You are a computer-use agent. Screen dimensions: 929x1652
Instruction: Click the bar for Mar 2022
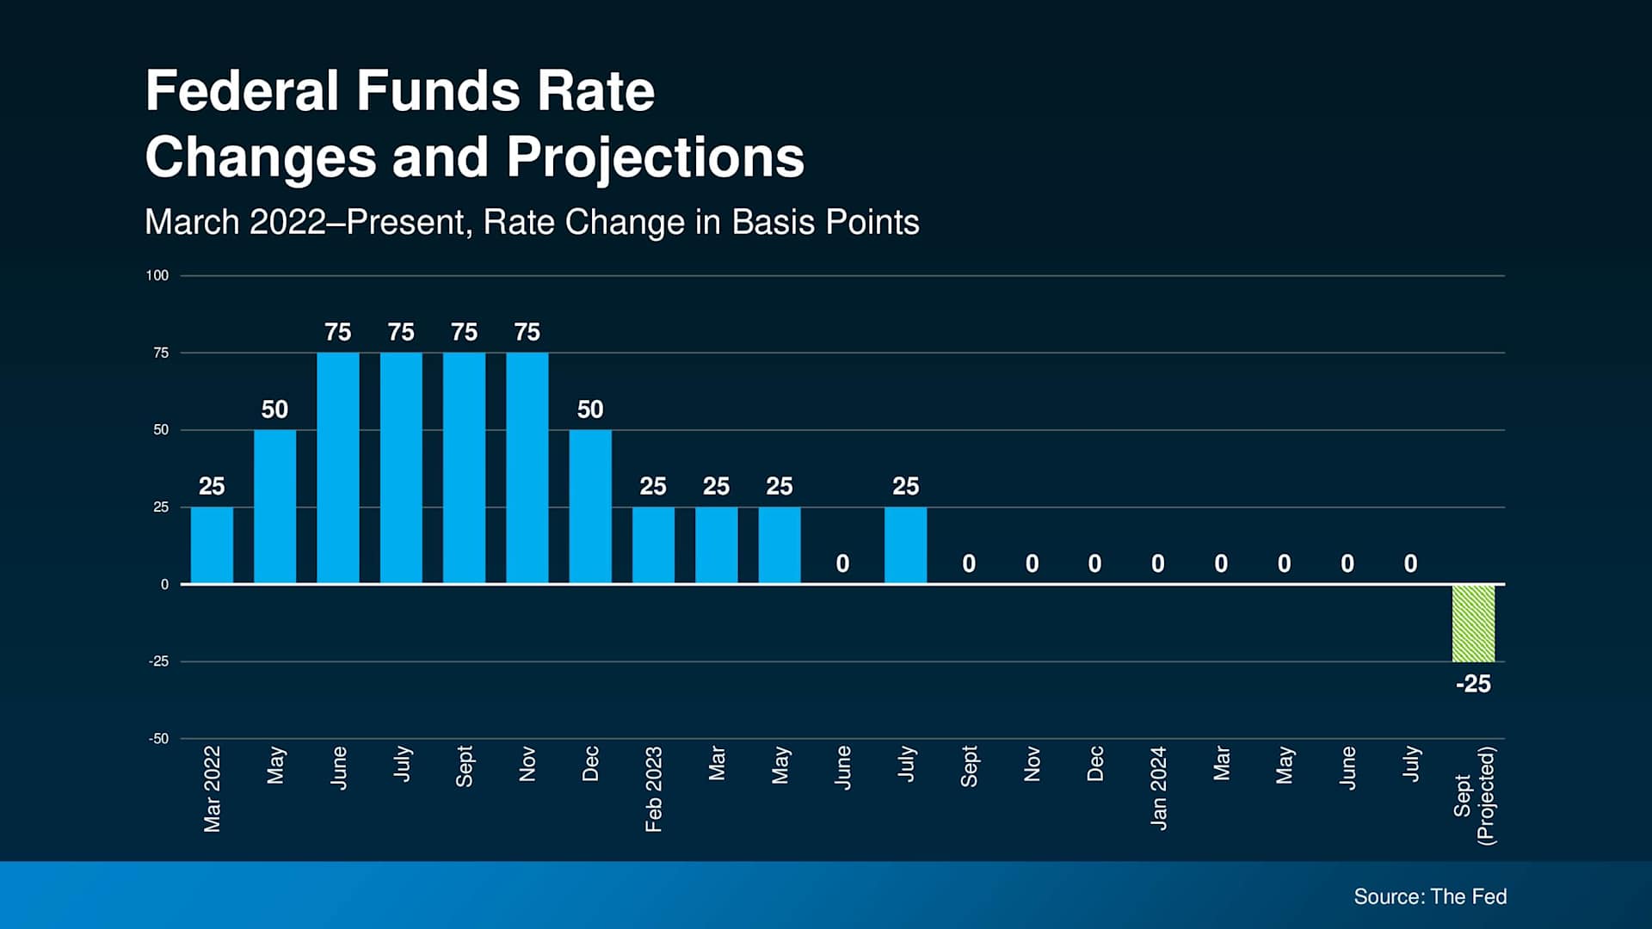tap(212, 545)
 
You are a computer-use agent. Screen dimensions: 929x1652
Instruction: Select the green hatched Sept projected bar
tap(1473, 623)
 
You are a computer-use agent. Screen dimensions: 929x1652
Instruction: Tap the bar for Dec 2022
tap(590, 507)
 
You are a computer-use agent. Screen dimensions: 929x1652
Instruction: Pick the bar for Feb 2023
tap(653, 545)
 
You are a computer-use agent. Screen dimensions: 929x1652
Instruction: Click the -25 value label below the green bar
tap(1473, 684)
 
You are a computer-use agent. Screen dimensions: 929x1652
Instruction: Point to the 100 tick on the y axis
tap(157, 275)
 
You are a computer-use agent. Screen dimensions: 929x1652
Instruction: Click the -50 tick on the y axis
tap(158, 739)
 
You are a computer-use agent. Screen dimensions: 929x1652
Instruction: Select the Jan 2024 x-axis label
tap(1158, 788)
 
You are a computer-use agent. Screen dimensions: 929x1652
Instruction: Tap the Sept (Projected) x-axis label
tap(1474, 796)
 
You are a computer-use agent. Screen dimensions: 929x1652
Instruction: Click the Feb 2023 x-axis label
tap(653, 789)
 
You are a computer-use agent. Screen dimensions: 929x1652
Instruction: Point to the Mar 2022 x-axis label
tap(212, 789)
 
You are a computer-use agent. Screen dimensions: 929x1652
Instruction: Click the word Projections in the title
tap(655, 157)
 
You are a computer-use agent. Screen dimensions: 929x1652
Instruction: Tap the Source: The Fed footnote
tap(1430, 896)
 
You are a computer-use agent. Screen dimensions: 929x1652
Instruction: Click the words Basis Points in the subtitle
tap(825, 222)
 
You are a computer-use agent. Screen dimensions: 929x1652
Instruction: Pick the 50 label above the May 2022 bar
tap(274, 409)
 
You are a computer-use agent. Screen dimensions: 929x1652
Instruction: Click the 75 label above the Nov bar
tap(527, 332)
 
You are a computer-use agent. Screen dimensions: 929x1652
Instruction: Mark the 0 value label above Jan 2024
tap(1158, 563)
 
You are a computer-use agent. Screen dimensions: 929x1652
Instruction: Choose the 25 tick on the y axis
tap(161, 508)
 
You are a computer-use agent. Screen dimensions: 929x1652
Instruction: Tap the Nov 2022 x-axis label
tap(527, 764)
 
